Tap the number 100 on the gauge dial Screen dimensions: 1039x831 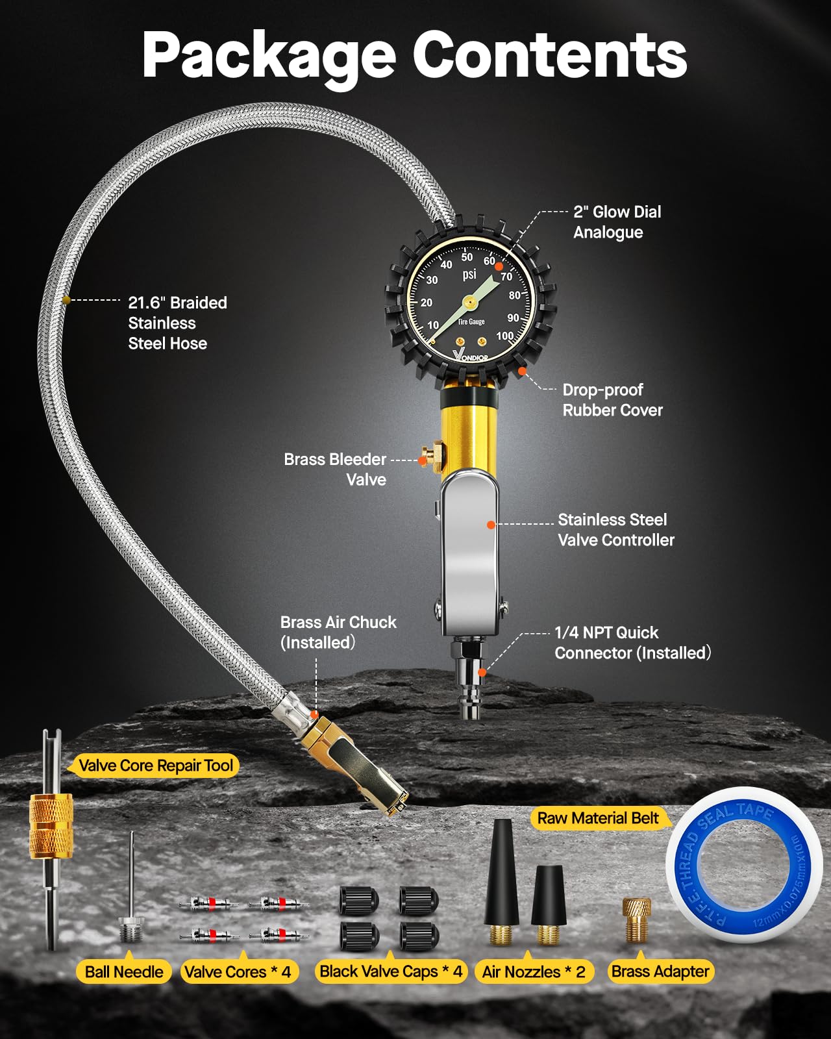point(504,336)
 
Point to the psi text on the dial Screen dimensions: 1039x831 point(469,275)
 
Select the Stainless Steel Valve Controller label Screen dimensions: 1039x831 point(615,530)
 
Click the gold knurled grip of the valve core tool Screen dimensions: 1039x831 point(51,825)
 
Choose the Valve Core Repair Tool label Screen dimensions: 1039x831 point(156,766)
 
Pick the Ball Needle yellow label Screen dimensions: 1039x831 point(124,972)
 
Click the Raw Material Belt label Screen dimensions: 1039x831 point(597,818)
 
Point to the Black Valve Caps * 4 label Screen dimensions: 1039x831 point(391,971)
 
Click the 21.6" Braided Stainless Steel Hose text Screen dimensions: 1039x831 point(177,323)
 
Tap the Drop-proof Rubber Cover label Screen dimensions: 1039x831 point(612,399)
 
